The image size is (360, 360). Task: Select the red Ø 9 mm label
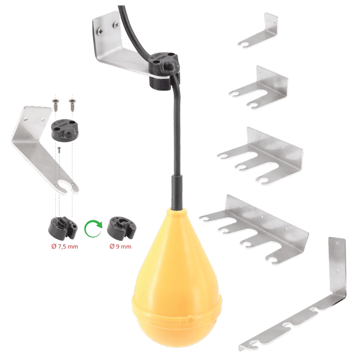pos(120,247)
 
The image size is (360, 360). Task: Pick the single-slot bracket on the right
pos(259,33)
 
